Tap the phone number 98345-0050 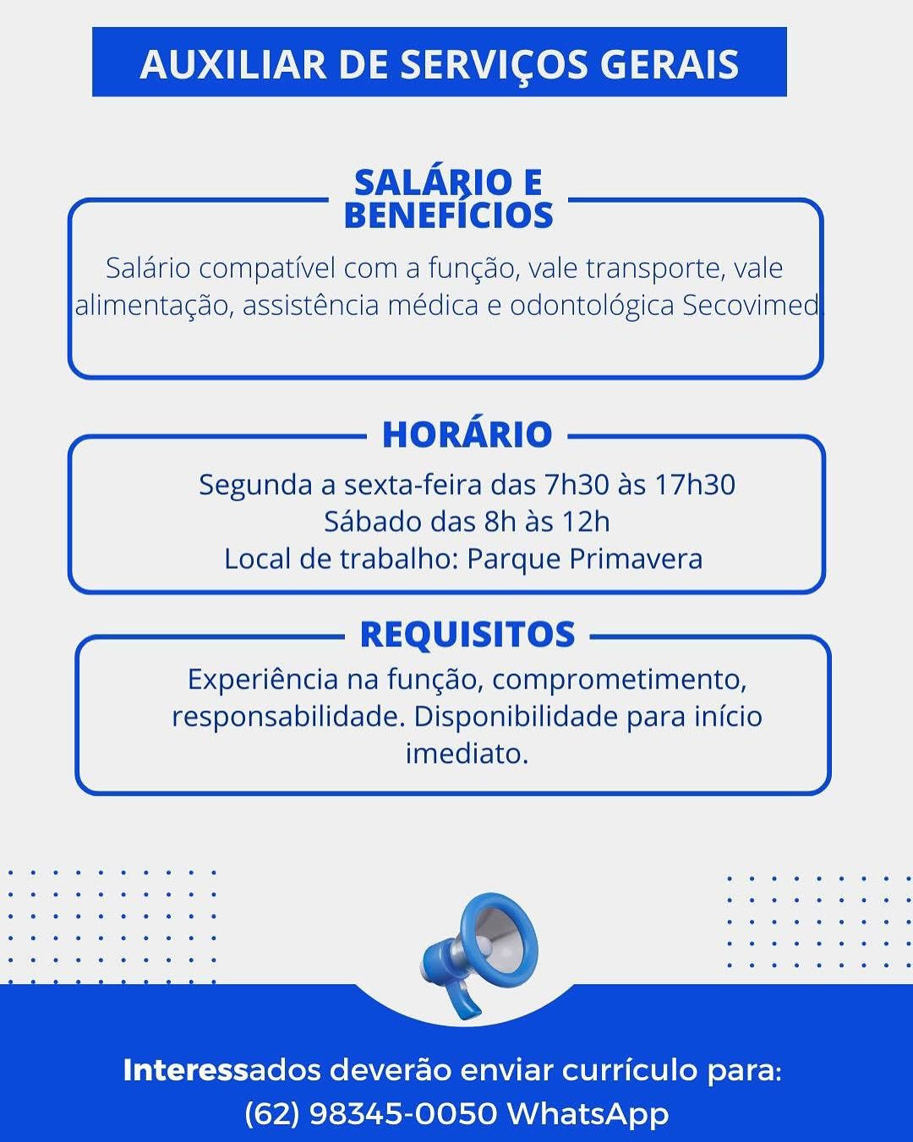pyautogui.click(x=403, y=1113)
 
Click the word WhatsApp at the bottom pyautogui.click(x=588, y=1113)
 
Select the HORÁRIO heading pyautogui.click(x=467, y=434)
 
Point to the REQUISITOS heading pyautogui.click(x=467, y=634)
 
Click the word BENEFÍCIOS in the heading pyautogui.click(x=448, y=215)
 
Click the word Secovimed pyautogui.click(x=750, y=305)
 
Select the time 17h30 pyautogui.click(x=695, y=485)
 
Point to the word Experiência pyautogui.click(x=263, y=679)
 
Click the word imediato pyautogui.click(x=467, y=753)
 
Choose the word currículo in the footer pyautogui.click(x=629, y=1070)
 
